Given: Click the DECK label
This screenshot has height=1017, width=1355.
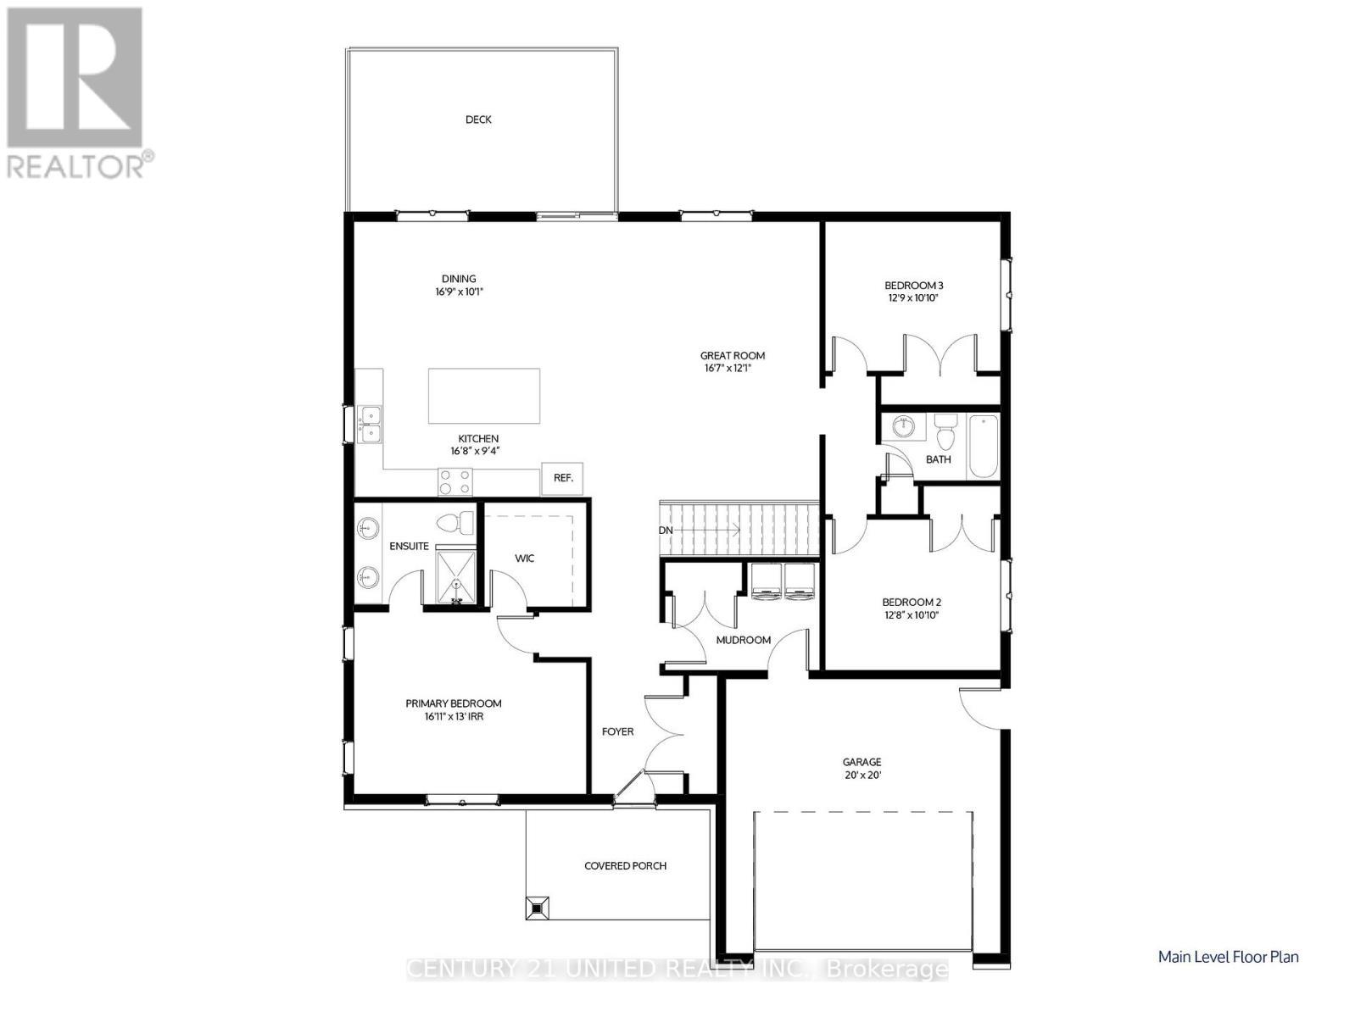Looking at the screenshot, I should (478, 119).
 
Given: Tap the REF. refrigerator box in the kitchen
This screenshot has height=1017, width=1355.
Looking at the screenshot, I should (563, 478).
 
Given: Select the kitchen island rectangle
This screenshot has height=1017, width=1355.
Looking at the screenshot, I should (484, 396).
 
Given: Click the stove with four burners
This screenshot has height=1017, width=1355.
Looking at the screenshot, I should (454, 482).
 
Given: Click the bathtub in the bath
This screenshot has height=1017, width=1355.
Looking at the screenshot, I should (984, 446).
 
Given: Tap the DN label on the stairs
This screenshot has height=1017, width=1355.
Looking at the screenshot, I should (666, 530).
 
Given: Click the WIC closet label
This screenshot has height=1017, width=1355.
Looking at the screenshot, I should (525, 559).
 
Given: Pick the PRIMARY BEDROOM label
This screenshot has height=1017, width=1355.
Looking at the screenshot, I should (453, 703).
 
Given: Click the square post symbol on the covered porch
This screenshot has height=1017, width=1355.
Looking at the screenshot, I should (537, 907).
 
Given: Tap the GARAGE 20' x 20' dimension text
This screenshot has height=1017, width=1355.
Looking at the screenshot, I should (862, 775).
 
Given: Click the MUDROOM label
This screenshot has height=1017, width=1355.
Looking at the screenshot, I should (744, 640).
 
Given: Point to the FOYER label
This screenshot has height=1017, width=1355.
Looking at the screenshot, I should (617, 731).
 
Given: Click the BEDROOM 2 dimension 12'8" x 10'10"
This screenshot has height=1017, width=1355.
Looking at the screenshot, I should (912, 615).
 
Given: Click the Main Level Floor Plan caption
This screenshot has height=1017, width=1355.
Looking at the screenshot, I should (1228, 957).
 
